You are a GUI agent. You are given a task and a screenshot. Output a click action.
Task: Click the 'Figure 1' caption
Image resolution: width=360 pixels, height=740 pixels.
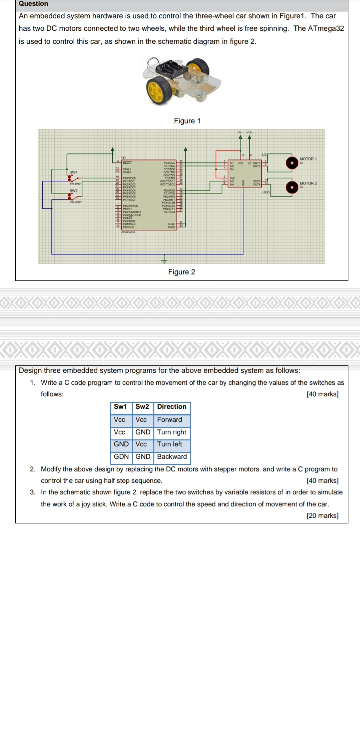187,121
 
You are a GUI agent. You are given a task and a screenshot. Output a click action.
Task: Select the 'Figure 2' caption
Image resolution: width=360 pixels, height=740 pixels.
182,272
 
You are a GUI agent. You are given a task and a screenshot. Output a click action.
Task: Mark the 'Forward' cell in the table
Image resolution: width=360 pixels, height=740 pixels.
170,419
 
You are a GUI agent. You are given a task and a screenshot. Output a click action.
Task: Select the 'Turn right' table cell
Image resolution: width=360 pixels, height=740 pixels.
172,432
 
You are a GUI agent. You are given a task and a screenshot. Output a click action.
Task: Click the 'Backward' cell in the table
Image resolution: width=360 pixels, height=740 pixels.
172,456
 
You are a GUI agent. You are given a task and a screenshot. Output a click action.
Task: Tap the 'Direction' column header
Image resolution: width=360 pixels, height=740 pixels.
172,407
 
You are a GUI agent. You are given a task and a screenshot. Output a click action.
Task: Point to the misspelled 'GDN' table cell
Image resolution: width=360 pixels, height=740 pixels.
121,456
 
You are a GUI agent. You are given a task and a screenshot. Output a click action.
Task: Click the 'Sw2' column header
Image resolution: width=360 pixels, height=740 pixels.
143,407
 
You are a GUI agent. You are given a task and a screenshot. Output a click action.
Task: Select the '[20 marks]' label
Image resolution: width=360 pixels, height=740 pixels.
322,515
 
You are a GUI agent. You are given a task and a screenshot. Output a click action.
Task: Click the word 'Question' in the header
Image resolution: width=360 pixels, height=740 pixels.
33,4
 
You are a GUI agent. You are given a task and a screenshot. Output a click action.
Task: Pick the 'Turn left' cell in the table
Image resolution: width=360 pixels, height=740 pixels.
170,444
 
